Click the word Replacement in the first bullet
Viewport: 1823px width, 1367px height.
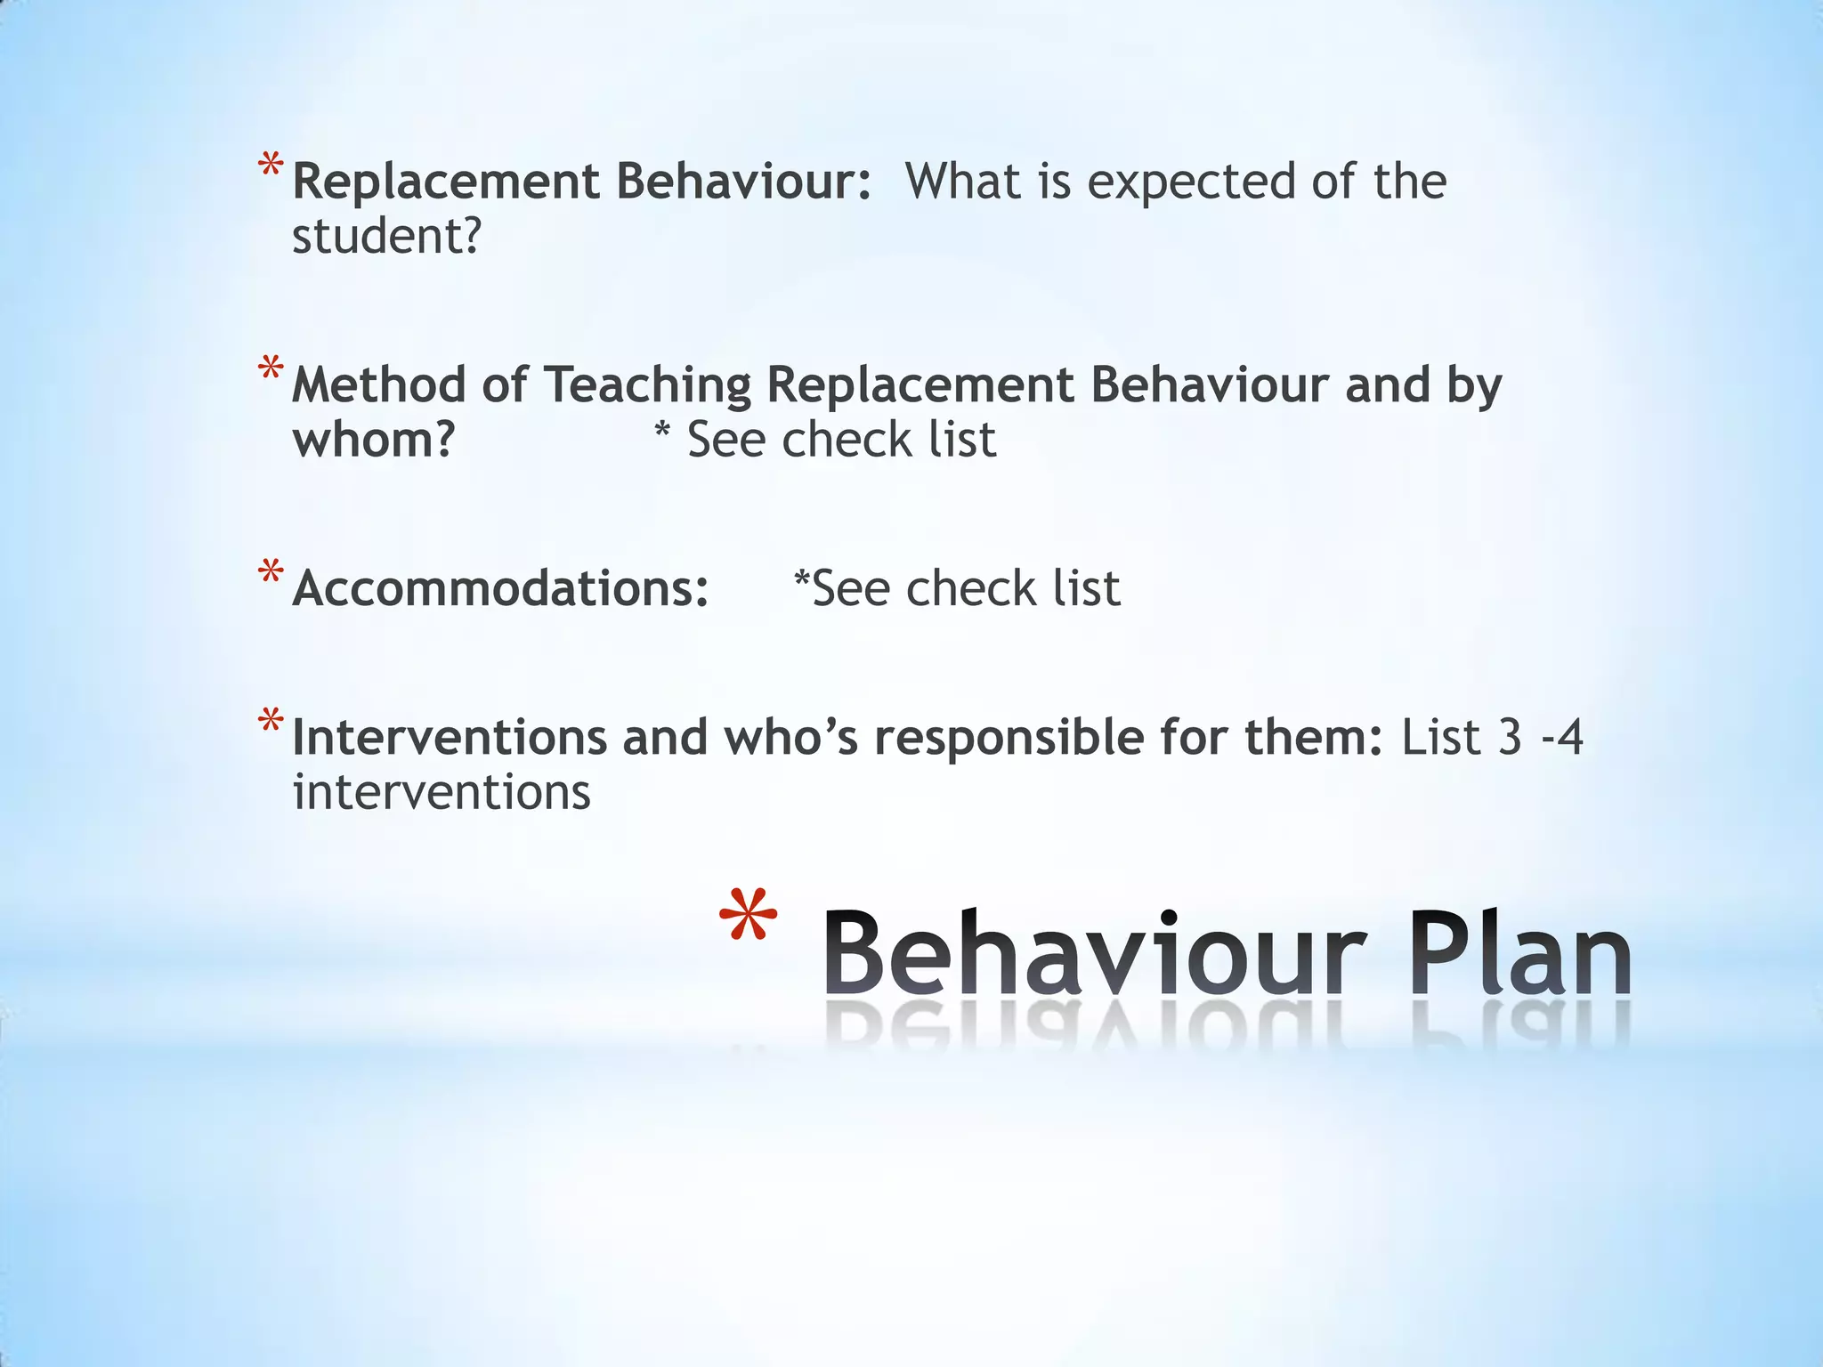tap(446, 182)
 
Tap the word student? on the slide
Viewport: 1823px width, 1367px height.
tap(386, 237)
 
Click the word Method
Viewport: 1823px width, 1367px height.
tap(378, 385)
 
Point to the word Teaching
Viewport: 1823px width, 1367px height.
tap(647, 387)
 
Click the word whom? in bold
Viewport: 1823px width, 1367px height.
tap(374, 440)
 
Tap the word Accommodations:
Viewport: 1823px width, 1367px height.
tap(500, 589)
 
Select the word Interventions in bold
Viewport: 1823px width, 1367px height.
tap(450, 738)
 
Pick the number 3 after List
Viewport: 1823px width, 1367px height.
tap(1510, 738)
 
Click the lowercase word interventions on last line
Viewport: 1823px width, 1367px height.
tap(442, 792)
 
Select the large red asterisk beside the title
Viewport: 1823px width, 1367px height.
tap(748, 917)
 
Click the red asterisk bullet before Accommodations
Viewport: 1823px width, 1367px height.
tap(271, 571)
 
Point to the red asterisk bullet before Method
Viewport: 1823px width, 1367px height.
tap(271, 368)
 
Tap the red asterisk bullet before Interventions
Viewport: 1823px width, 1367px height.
tap(271, 720)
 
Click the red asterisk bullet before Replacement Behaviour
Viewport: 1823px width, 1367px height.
tap(271, 166)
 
